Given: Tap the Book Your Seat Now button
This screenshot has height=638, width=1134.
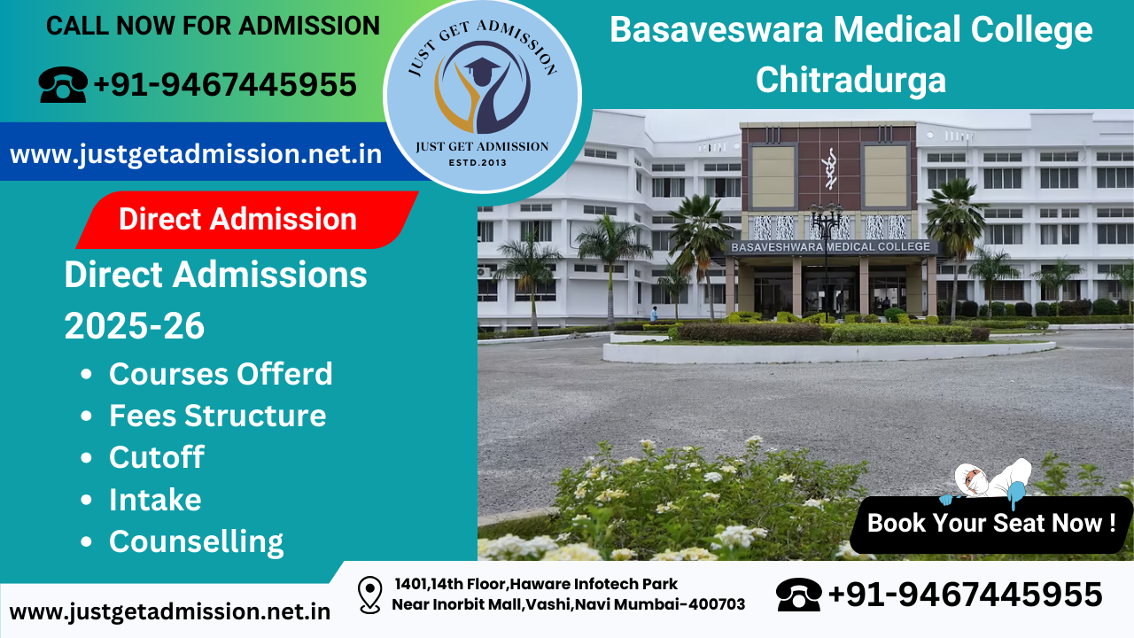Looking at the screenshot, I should tap(990, 523).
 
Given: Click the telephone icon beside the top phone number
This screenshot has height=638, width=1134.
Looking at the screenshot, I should tap(62, 85).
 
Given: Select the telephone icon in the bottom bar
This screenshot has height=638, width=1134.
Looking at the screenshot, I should tap(798, 595).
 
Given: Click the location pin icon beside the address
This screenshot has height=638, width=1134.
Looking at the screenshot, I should tap(369, 595).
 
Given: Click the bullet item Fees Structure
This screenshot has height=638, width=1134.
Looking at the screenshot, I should tap(217, 416).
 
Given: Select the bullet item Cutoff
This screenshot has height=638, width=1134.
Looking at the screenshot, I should tap(156, 457).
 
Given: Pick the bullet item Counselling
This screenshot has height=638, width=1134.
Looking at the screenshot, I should tap(196, 541).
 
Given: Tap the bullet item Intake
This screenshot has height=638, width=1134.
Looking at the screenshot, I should tap(155, 500).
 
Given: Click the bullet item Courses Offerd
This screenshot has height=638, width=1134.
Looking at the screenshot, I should tap(221, 374).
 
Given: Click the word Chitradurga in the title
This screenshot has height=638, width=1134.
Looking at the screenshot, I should tap(850, 80).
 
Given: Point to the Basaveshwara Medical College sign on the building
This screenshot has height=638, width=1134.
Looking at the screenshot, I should tap(830, 247).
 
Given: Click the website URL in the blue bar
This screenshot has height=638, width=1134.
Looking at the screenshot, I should tap(196, 154).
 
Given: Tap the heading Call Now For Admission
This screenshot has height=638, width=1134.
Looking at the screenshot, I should tap(213, 26).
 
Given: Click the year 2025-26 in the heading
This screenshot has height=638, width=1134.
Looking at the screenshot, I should tap(135, 327).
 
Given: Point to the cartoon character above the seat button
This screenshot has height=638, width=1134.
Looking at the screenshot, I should tap(988, 483).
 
